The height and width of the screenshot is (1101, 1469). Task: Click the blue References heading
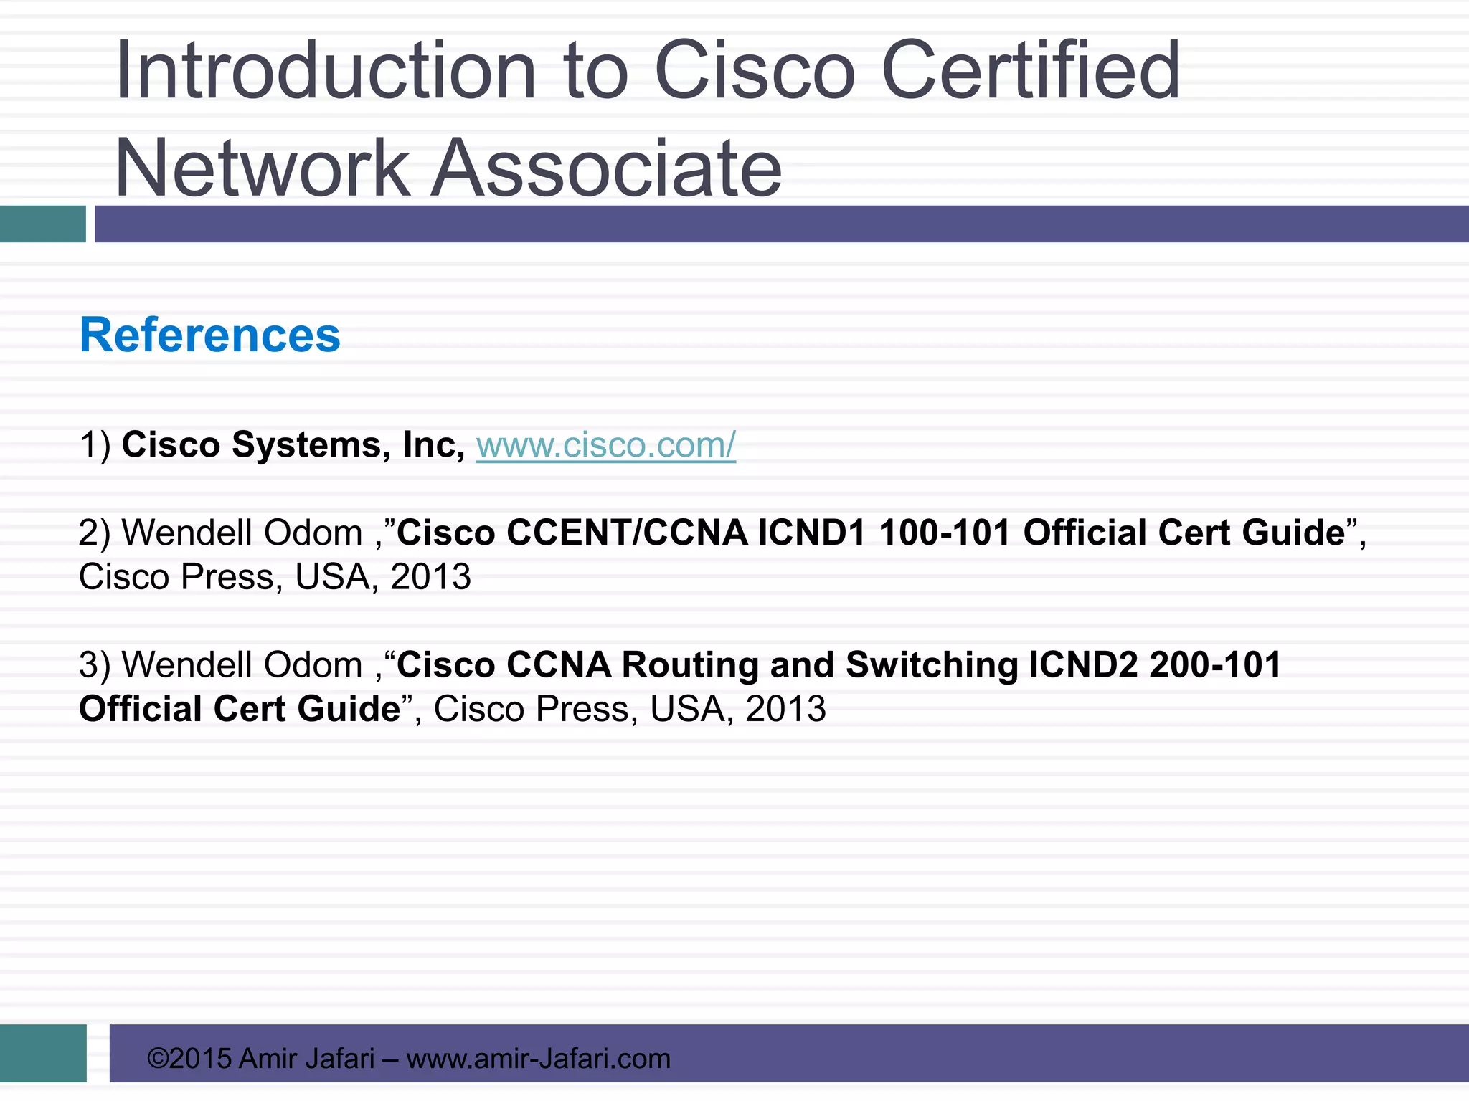[210, 335]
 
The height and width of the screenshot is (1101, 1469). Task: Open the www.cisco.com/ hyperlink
[606, 445]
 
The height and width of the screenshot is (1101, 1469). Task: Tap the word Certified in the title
[1030, 71]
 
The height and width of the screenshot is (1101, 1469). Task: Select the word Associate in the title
[606, 168]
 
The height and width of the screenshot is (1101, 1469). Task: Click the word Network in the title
[263, 168]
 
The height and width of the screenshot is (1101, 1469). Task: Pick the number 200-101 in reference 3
[1215, 665]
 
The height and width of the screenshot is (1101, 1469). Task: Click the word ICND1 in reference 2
[812, 533]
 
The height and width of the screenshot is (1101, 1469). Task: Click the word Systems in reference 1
[307, 445]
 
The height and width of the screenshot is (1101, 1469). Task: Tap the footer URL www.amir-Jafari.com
[538, 1059]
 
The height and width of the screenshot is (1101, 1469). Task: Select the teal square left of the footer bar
[43, 1053]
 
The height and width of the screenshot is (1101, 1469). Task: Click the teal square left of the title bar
[42, 224]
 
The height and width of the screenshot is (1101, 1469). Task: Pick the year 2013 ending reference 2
[430, 577]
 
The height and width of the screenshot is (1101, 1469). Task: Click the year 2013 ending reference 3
[785, 710]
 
